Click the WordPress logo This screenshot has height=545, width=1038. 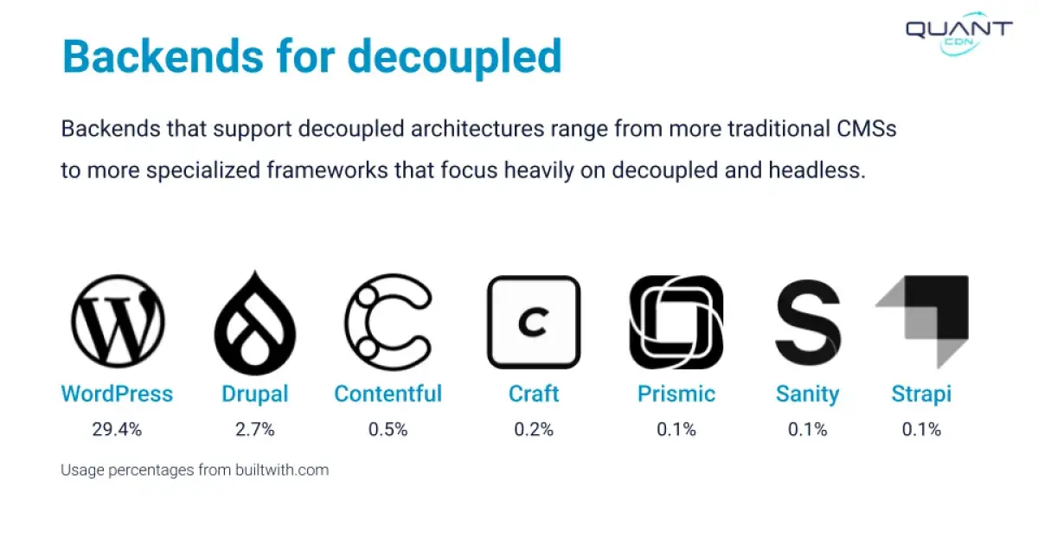pyautogui.click(x=118, y=322)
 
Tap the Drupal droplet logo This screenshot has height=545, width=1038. pyautogui.click(x=255, y=322)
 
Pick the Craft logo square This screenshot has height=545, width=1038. pyautogui.click(x=534, y=322)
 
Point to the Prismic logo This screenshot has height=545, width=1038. pyautogui.click(x=676, y=322)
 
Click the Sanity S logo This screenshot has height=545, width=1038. pyautogui.click(x=807, y=322)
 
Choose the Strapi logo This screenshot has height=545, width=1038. pyautogui.click(x=923, y=322)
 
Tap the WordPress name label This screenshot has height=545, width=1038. pyautogui.click(x=117, y=394)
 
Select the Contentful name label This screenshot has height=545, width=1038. pyautogui.click(x=388, y=394)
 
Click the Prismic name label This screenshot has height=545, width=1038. pyautogui.click(x=676, y=394)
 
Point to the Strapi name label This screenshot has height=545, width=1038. pyautogui.click(x=921, y=394)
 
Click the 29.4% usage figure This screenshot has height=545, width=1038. pyautogui.click(x=117, y=430)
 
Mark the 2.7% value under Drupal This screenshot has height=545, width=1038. pyautogui.click(x=255, y=430)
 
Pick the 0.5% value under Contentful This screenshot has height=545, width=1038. pyautogui.click(x=388, y=430)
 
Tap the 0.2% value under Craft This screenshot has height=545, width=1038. pyautogui.click(x=534, y=430)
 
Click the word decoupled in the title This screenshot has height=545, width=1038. pyautogui.click(x=454, y=56)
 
